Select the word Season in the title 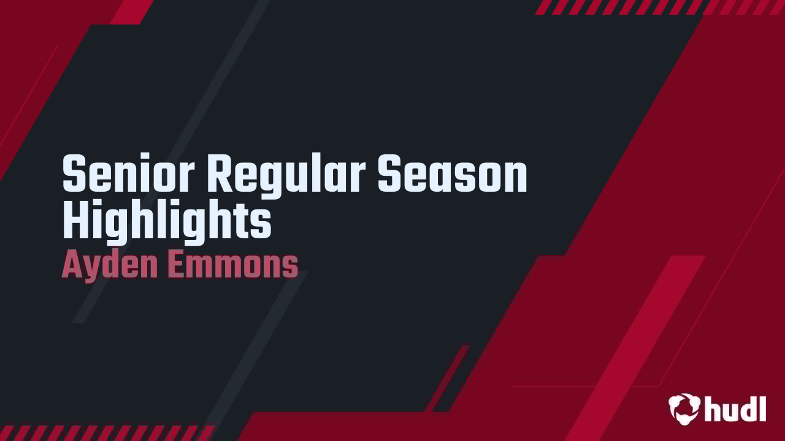point(452,175)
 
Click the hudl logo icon point(684,407)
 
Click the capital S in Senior point(75,175)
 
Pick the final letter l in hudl point(762,407)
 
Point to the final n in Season point(516,178)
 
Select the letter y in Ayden point(92,269)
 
